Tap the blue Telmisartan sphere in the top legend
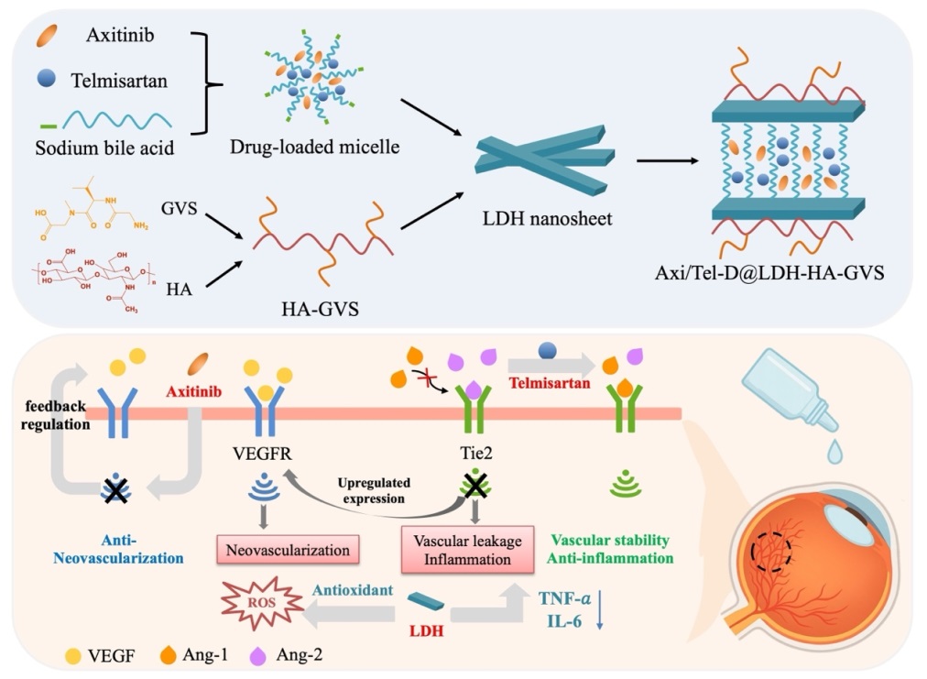(x=48, y=80)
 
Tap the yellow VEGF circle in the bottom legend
(x=73, y=655)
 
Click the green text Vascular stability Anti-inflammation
(x=626, y=549)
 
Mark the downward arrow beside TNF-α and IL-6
(x=599, y=613)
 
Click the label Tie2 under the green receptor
(x=474, y=453)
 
